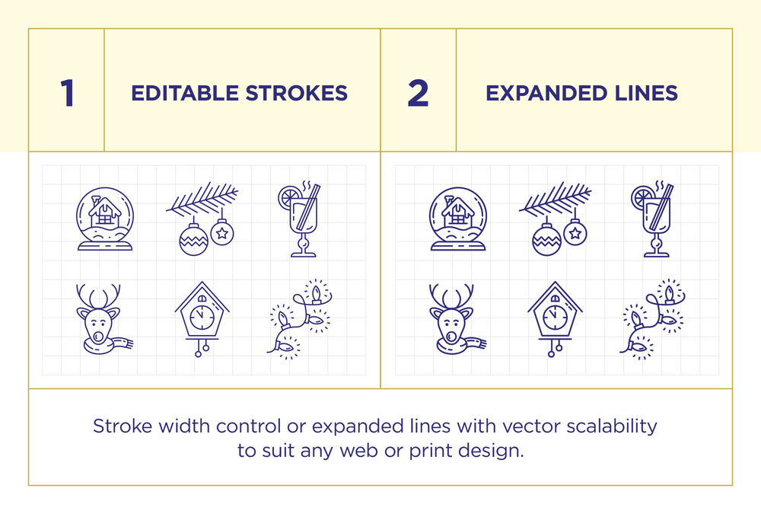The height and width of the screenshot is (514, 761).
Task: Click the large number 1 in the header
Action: (x=68, y=93)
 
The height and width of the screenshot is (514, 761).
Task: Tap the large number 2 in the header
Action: (x=418, y=93)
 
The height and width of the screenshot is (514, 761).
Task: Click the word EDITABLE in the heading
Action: (x=185, y=93)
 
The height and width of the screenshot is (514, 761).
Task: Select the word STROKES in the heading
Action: (x=297, y=93)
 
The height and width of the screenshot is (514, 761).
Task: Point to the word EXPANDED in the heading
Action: (x=546, y=93)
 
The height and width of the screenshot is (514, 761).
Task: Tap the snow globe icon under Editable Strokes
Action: (x=105, y=219)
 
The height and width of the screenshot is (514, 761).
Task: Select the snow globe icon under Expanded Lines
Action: (x=457, y=219)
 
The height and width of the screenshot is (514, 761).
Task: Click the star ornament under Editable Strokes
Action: (x=222, y=232)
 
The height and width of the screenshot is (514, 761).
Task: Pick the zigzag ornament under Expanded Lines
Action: (x=546, y=240)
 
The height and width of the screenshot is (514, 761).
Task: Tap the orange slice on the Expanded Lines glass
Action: (x=642, y=198)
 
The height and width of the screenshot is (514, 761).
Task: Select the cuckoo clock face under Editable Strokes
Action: (x=202, y=318)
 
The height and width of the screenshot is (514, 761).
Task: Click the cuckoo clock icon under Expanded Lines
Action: (x=555, y=319)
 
